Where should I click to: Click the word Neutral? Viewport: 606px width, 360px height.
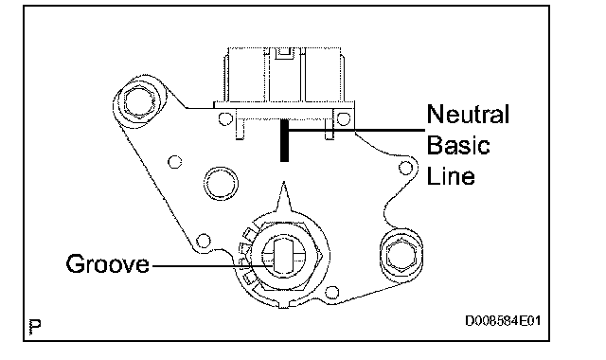[468, 114]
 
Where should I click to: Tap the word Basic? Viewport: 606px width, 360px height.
[458, 145]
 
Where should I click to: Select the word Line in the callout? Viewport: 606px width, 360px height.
[451, 176]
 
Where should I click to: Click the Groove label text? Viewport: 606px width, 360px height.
[107, 263]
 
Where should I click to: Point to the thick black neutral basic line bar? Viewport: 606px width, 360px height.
[284, 140]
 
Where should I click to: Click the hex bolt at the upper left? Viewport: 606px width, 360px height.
[139, 101]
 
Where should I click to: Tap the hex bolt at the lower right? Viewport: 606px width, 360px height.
[401, 255]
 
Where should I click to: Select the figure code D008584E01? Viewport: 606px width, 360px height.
[503, 320]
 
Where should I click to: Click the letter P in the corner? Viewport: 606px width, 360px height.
[35, 327]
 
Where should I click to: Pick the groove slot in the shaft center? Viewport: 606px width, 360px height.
[284, 255]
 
